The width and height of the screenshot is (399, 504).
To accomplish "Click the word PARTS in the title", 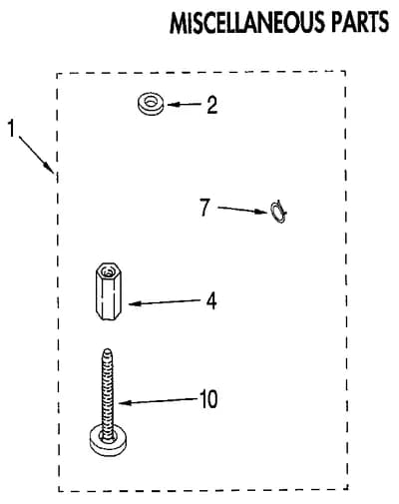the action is coord(360,22).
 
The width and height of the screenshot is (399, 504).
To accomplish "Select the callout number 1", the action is coord(12,129).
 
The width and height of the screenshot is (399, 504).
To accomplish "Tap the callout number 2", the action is coord(211,105).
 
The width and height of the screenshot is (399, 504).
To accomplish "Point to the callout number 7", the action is coord(204,207).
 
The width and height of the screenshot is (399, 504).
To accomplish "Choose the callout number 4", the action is coord(211,301).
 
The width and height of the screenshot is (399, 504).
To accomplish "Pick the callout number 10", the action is coord(208,399).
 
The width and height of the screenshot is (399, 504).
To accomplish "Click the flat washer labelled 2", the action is coord(151,104).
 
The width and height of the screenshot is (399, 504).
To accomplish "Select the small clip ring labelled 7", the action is coord(278,212).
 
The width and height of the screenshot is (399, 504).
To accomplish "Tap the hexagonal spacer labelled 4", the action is coord(108,291).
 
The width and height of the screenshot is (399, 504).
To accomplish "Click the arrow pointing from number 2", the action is coord(185,105).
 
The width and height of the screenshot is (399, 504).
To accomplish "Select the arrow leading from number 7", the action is coord(242,210).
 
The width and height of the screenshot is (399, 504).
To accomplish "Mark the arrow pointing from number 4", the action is coord(164,302).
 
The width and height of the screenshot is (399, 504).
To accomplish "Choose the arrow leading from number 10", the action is coord(159,401).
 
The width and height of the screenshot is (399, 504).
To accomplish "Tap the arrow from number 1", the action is coord(36,154).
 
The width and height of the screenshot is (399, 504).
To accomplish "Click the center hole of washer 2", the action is coord(152,101).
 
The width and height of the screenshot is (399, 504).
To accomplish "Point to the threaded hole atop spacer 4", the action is coord(107,272).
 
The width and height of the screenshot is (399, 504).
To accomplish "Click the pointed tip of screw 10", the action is coord(107,349).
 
